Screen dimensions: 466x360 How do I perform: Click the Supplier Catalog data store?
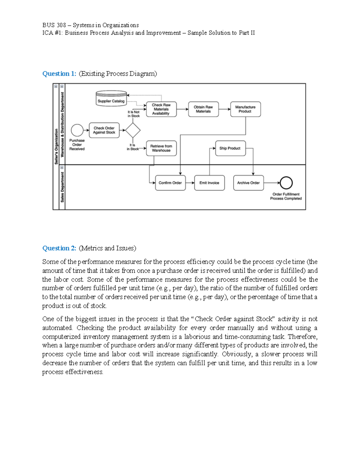[111, 98]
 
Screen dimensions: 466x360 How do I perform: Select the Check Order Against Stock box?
[104, 130]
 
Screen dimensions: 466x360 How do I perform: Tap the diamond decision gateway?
[133, 130]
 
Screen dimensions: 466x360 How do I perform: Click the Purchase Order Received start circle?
[77, 130]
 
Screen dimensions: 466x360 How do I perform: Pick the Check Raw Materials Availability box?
[161, 109]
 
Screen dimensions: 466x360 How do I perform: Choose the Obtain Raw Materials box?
[203, 109]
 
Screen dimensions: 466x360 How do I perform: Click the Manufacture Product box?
[245, 109]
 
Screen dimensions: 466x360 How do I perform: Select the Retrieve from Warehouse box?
[161, 148]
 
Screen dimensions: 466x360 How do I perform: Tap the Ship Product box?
[230, 148]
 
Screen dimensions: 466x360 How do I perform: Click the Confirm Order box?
[170, 183]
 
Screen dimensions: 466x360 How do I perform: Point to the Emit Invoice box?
[209, 183]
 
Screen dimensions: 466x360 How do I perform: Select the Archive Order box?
[248, 183]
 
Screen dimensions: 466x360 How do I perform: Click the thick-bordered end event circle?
[286, 183]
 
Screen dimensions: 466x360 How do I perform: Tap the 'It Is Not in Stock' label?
[133, 114]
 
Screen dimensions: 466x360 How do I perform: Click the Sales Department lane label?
[62, 187]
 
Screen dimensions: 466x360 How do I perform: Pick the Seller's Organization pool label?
[56, 146]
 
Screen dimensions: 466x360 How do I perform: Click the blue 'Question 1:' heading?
[59, 74]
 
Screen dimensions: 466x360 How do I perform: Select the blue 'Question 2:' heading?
[59, 248]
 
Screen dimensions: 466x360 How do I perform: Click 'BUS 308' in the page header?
[54, 25]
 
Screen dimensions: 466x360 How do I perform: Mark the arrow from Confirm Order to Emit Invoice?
[190, 183]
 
